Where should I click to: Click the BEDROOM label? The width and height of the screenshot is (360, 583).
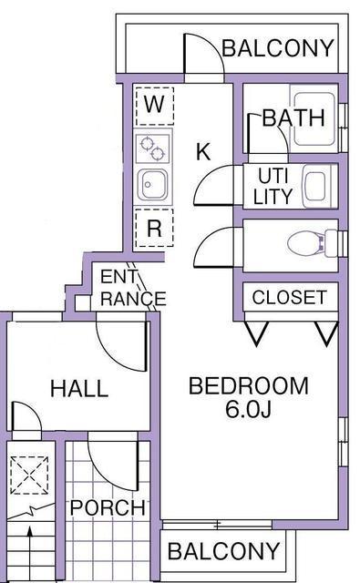[x=249, y=385]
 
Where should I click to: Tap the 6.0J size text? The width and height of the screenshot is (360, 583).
[x=248, y=409]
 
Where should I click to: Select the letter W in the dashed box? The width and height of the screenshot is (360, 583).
[x=154, y=105]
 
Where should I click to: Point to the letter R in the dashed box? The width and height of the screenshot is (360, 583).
[x=154, y=228]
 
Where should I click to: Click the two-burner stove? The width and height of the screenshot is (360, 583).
[x=152, y=148]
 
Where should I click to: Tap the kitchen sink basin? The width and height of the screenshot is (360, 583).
[x=152, y=185]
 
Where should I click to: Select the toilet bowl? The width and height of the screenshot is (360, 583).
[x=304, y=244]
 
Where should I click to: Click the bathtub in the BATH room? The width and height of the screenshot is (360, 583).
[x=314, y=118]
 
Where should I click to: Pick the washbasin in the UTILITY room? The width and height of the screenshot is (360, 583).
[x=317, y=186]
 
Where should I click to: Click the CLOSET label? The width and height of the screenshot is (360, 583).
[x=289, y=298]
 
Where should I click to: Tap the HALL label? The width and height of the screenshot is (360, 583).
[x=79, y=389]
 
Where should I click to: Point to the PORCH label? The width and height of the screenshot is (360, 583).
[x=108, y=507]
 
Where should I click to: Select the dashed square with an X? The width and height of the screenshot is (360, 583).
[x=29, y=476]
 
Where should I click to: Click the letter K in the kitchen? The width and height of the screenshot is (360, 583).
[x=203, y=151]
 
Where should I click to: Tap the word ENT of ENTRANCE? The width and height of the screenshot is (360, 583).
[x=118, y=277]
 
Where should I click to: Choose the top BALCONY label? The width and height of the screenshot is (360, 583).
[x=277, y=48]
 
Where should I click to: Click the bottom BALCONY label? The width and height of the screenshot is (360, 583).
[x=223, y=551]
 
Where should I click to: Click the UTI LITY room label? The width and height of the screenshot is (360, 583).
[x=273, y=186]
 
